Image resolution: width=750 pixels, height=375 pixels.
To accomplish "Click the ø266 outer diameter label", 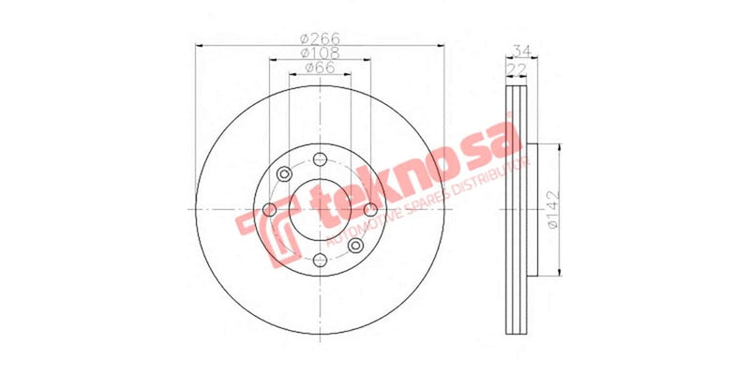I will click(319, 38).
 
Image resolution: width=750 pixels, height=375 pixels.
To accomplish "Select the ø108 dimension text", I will click(319, 53).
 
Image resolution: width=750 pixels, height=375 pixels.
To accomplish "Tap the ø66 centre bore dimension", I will click(319, 68).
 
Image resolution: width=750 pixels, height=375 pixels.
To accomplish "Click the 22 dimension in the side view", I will click(516, 68).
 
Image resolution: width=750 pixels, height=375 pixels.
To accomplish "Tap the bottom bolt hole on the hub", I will click(319, 260).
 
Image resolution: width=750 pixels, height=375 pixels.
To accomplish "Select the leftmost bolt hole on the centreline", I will click(268, 209).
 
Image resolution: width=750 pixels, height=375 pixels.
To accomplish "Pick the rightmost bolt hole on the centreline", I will click(369, 209).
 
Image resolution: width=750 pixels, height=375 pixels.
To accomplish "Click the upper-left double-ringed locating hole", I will click(283, 173).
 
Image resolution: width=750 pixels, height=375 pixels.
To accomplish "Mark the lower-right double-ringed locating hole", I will click(355, 245).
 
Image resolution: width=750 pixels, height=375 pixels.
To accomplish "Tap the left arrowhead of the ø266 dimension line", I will click(199, 46).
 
